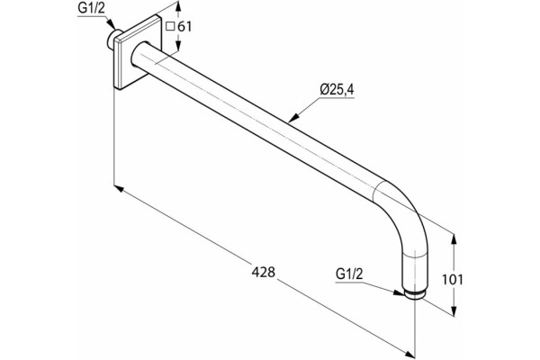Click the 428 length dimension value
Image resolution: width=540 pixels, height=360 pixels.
click(x=264, y=272)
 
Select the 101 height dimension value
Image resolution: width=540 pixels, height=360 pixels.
click(x=453, y=280)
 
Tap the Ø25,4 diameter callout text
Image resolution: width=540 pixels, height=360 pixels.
click(x=337, y=90)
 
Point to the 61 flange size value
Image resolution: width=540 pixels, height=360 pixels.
click(x=184, y=26)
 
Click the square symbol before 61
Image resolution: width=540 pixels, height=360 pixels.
click(x=170, y=27)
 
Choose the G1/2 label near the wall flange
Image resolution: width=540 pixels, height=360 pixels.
click(x=91, y=9)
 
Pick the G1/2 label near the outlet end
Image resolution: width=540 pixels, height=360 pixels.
click(x=349, y=274)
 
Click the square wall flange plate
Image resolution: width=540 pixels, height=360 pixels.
click(x=138, y=51)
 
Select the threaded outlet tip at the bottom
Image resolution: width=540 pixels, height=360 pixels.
click(x=416, y=294)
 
